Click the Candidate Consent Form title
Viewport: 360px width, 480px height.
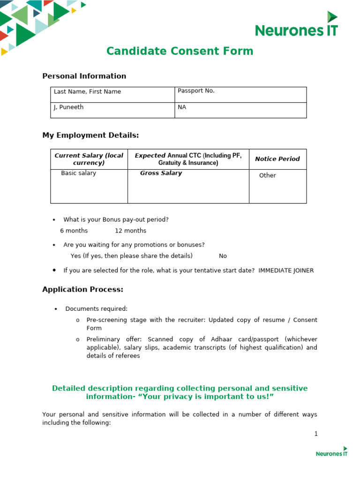(x=180, y=51)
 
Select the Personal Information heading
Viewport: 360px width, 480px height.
(x=84, y=76)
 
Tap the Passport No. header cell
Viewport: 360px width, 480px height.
(x=196, y=91)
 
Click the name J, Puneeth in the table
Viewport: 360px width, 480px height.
(x=68, y=107)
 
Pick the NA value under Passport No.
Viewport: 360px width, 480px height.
(x=182, y=107)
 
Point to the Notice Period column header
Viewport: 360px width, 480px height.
(x=277, y=159)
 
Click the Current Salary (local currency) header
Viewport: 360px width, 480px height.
(x=89, y=159)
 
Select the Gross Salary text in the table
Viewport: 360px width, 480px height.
(x=161, y=173)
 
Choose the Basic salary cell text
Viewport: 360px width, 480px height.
(x=78, y=173)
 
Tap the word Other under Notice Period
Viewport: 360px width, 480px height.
(x=268, y=175)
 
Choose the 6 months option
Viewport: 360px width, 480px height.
(x=74, y=231)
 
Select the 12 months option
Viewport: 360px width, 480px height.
(x=130, y=231)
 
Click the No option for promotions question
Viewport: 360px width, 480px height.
(x=223, y=256)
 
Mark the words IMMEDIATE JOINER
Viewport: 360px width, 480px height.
(x=286, y=270)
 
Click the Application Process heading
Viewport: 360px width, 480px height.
(x=82, y=290)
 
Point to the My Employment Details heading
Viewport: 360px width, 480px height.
(x=90, y=135)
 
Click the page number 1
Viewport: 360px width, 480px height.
(x=316, y=434)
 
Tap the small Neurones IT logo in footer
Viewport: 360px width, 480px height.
(x=331, y=451)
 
